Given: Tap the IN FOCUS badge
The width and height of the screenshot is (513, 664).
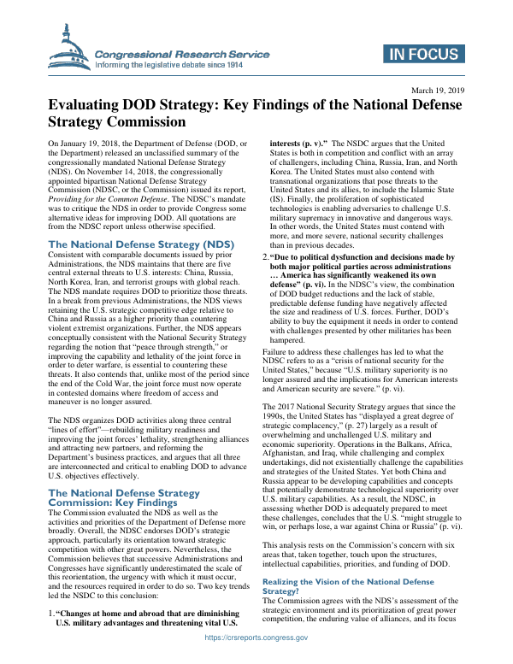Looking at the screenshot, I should (x=424, y=56).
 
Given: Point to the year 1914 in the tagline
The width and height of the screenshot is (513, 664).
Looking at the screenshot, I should (x=232, y=64).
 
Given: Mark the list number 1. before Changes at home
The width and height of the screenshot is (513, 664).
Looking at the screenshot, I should (x=50, y=614).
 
